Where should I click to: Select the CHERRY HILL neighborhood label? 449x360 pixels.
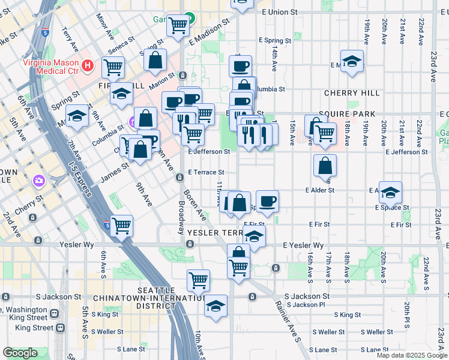(x=351, y=93)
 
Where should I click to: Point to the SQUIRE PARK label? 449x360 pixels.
(x=347, y=113)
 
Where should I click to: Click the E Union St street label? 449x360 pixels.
(x=279, y=12)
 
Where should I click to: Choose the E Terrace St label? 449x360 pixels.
(x=206, y=172)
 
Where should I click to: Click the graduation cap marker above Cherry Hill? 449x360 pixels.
(x=352, y=61)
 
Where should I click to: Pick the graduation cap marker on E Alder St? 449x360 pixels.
(x=390, y=193)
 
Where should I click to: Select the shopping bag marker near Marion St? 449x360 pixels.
(x=155, y=60)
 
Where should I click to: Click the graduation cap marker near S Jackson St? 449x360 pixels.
(x=215, y=306)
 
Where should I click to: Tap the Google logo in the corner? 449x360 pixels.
(x=20, y=353)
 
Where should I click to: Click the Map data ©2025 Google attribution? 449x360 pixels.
(x=412, y=355)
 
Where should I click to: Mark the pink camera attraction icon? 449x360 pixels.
(x=40, y=180)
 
